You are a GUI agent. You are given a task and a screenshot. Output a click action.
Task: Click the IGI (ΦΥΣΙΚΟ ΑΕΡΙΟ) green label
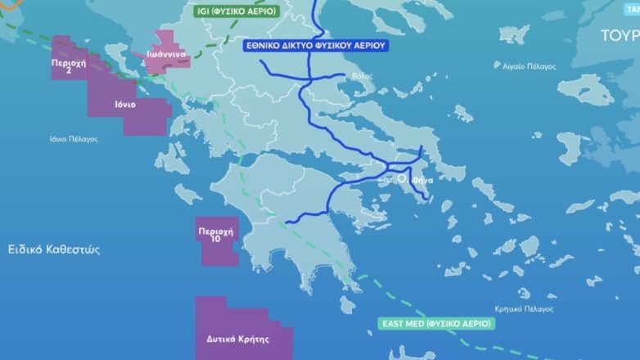tap(237, 11)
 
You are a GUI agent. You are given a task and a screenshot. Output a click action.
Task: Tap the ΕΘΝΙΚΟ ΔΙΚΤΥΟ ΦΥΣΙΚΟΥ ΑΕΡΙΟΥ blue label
tap(316, 46)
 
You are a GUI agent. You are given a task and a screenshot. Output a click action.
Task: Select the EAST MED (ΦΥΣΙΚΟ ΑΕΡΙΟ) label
tap(437, 323)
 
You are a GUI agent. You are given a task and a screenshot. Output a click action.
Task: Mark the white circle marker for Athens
tap(403, 178)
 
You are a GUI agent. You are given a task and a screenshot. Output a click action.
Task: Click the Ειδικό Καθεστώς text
tap(54, 250)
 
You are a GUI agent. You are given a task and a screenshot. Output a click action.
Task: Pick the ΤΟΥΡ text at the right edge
tap(620, 36)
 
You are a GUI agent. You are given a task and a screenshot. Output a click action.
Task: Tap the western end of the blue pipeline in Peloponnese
tap(287, 222)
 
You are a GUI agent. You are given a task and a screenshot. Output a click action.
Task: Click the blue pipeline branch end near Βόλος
tap(345, 75)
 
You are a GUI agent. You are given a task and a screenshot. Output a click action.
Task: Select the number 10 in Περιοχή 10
tap(216, 239)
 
